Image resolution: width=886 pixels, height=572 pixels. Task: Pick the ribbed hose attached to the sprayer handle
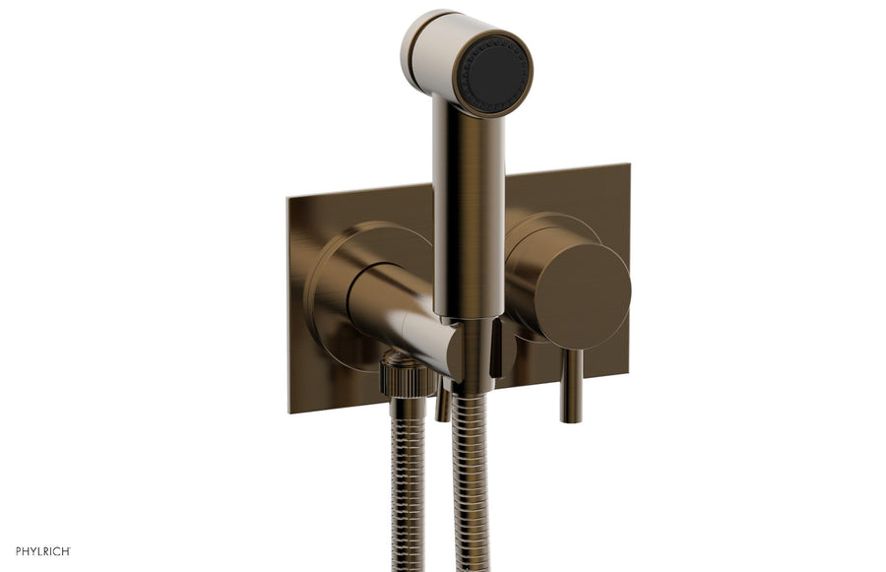coord(470,482)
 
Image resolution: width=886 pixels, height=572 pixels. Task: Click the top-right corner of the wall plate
coord(628,164)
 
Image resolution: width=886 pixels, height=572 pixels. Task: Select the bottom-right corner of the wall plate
coord(627,374)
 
